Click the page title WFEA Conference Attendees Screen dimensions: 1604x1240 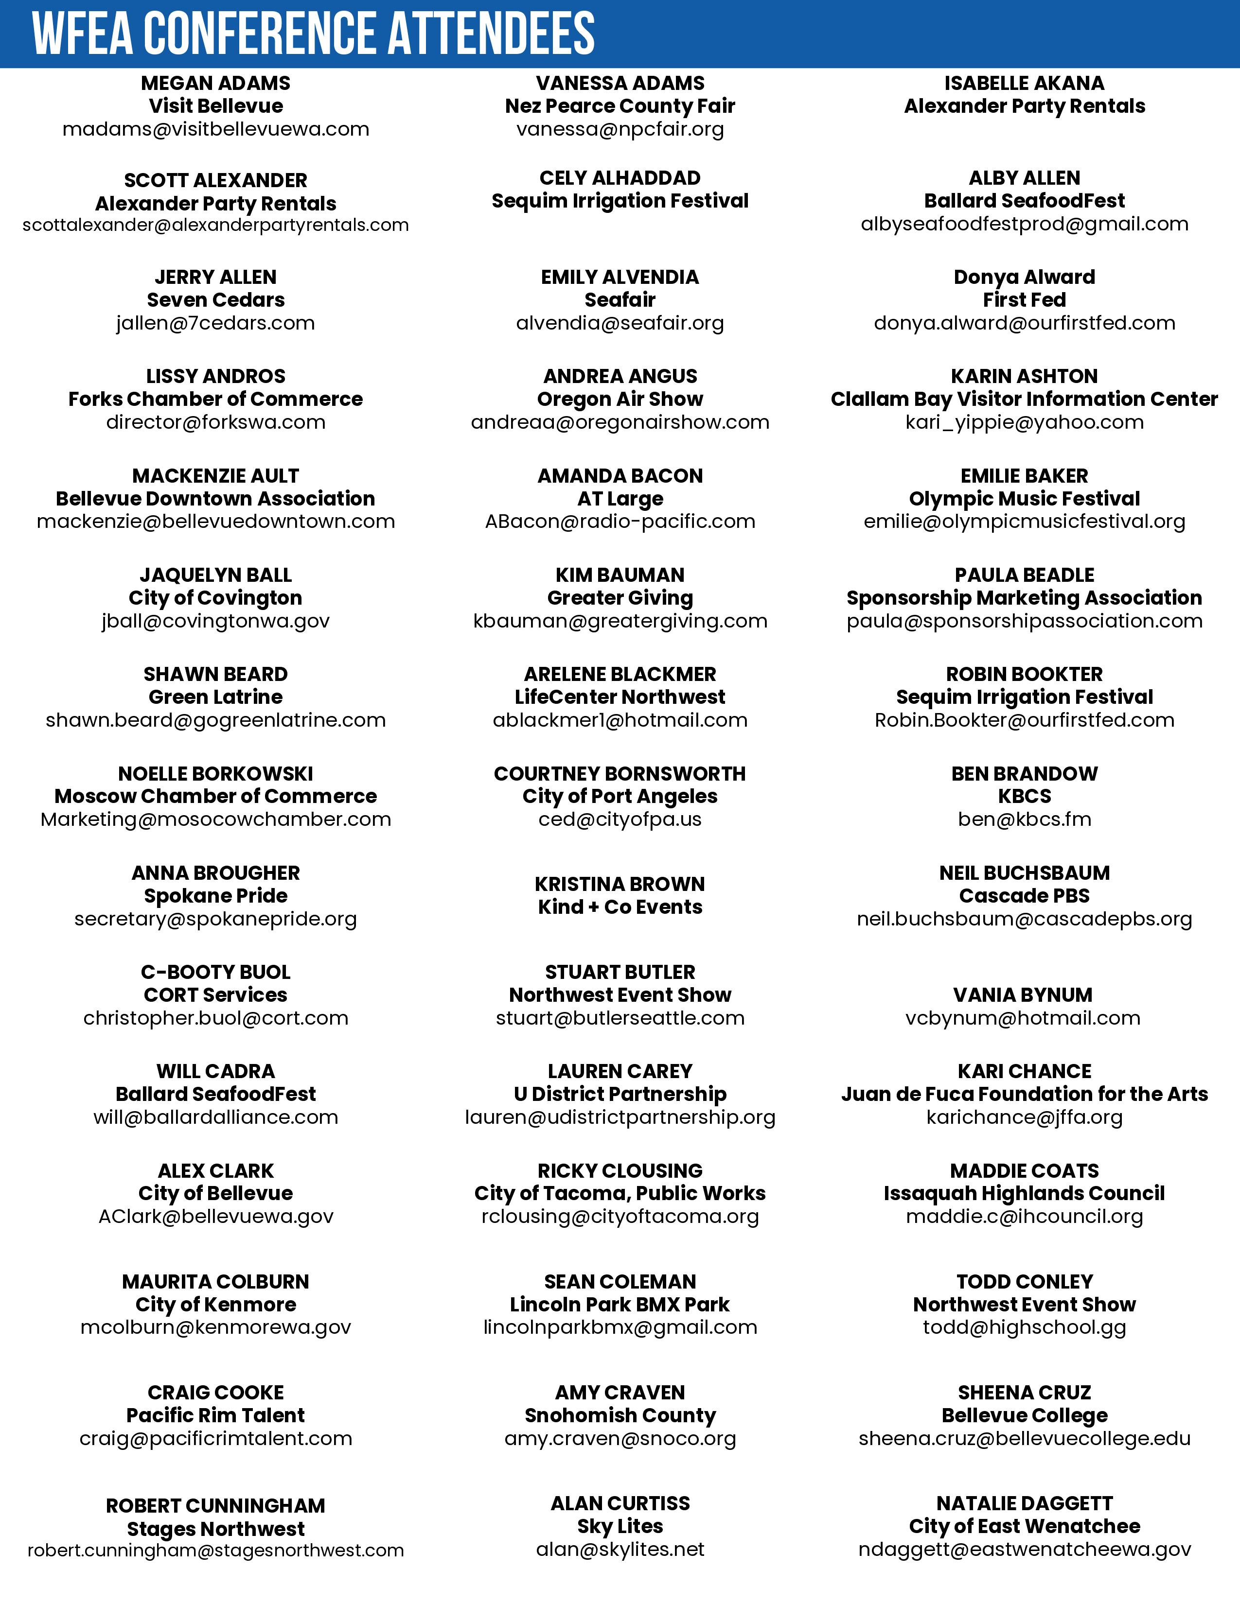314,34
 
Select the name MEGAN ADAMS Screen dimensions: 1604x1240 215,83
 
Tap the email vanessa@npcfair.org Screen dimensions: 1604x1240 620,129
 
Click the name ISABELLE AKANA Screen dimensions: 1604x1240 1024,83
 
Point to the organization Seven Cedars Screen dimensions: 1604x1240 215,299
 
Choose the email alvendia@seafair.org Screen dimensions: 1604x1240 620,323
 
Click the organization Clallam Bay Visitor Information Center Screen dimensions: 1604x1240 1024,399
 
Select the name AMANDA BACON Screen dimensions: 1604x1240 620,476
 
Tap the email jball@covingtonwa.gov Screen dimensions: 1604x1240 215,621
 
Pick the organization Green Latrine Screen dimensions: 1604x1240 215,697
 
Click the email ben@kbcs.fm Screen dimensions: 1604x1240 1024,819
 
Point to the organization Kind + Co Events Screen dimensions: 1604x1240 620,907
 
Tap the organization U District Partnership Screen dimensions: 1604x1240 620,1094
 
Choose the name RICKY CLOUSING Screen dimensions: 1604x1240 620,1171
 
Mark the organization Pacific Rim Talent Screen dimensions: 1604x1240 215,1415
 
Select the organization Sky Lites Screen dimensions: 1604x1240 620,1526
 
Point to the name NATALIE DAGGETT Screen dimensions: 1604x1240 1024,1503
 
